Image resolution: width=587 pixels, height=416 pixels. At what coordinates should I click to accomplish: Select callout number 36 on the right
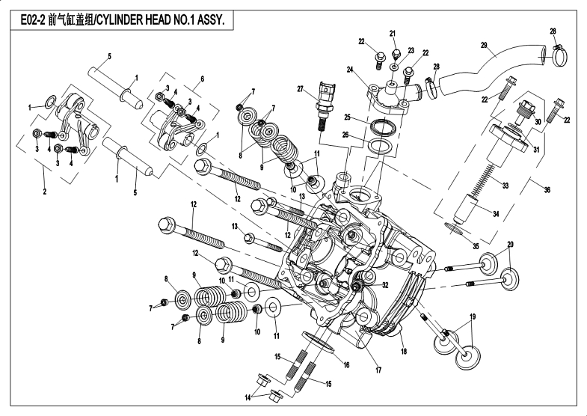(546, 190)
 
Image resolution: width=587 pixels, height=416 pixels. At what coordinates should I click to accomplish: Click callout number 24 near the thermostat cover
(349, 70)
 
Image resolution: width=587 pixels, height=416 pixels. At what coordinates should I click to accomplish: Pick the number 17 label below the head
(378, 369)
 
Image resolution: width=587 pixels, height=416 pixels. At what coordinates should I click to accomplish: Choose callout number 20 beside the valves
(511, 245)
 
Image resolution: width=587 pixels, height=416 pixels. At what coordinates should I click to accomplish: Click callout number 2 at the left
(45, 192)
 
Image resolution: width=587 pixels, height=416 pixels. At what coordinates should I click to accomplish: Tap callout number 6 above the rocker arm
(202, 79)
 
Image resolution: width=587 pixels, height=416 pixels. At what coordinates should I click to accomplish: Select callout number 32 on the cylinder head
(386, 285)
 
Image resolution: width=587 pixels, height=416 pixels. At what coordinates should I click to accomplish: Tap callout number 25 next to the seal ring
(348, 117)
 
